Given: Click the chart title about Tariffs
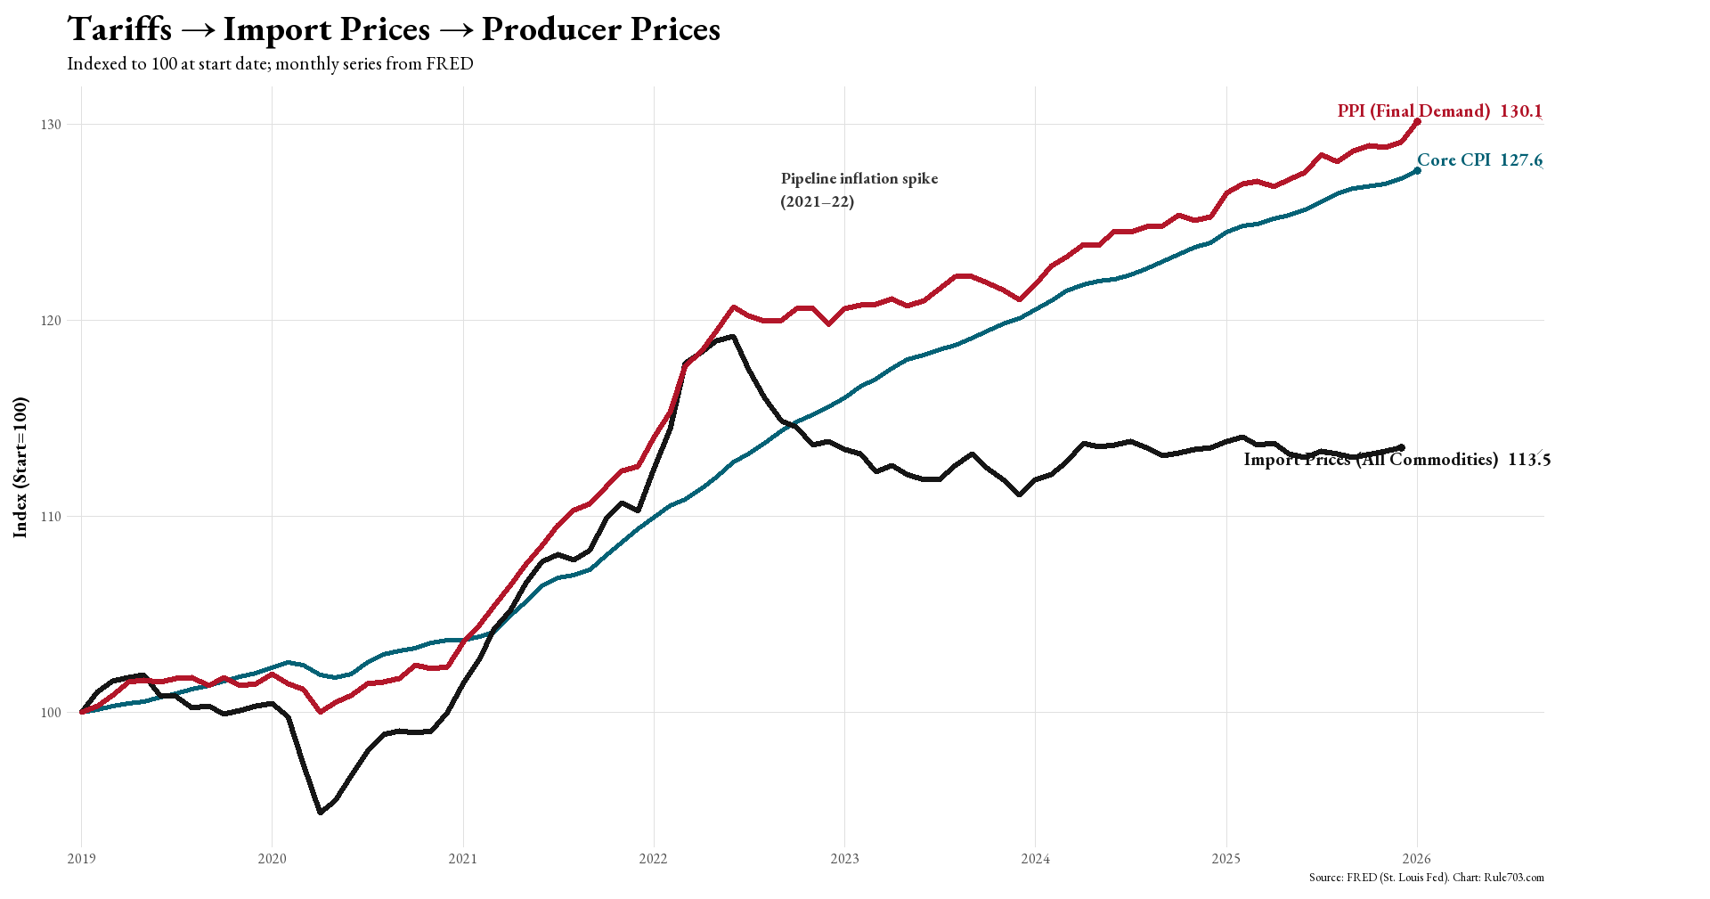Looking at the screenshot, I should pyautogui.click(x=394, y=29).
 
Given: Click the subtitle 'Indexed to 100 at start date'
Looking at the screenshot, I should pyautogui.click(x=270, y=64).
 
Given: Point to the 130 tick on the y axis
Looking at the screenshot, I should pyautogui.click(x=51, y=125).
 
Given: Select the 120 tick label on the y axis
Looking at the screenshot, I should pyautogui.click(x=51, y=321).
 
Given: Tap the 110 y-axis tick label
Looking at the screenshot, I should pyautogui.click(x=51, y=517).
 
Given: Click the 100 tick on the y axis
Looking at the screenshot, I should pyautogui.click(x=51, y=713).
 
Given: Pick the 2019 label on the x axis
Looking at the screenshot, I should pyautogui.click(x=81, y=859).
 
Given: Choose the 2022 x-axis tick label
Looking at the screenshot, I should pyautogui.click(x=653, y=859).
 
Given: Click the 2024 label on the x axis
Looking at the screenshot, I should pyautogui.click(x=1035, y=859).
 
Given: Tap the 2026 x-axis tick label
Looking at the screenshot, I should pyautogui.click(x=1416, y=859).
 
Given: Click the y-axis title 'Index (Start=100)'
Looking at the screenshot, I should pyautogui.click(x=20, y=468).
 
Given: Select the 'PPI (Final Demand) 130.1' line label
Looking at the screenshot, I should pyautogui.click(x=1439, y=111).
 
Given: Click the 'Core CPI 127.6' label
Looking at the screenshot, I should pyautogui.click(x=1479, y=160).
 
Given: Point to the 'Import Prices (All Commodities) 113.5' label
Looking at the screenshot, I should pyautogui.click(x=1396, y=460).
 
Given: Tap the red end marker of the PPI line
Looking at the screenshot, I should pyautogui.click(x=1417, y=122).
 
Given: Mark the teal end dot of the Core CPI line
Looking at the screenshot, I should pyautogui.click(x=1417, y=170).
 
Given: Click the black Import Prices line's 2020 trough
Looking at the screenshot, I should pyautogui.click(x=321, y=812).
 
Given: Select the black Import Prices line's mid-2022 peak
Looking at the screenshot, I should pyautogui.click(x=732, y=337).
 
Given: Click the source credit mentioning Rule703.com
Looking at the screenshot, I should pyautogui.click(x=1426, y=878).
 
